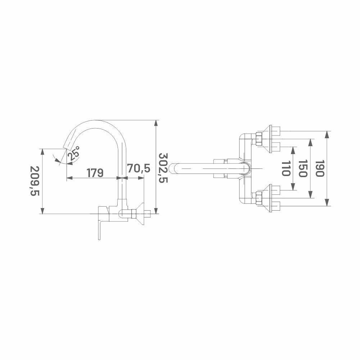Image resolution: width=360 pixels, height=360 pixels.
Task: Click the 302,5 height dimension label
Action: click(x=164, y=168)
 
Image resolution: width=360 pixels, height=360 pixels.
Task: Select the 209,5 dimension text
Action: click(x=35, y=181)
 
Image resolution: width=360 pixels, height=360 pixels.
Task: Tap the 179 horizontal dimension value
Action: click(x=95, y=173)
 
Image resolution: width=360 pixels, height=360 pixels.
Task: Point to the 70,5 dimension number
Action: click(x=139, y=168)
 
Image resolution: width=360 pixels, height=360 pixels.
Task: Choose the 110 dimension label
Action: click(x=286, y=168)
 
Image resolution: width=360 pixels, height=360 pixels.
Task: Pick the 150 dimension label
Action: click(x=303, y=168)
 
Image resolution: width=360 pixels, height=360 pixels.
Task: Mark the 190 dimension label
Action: click(x=320, y=168)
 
